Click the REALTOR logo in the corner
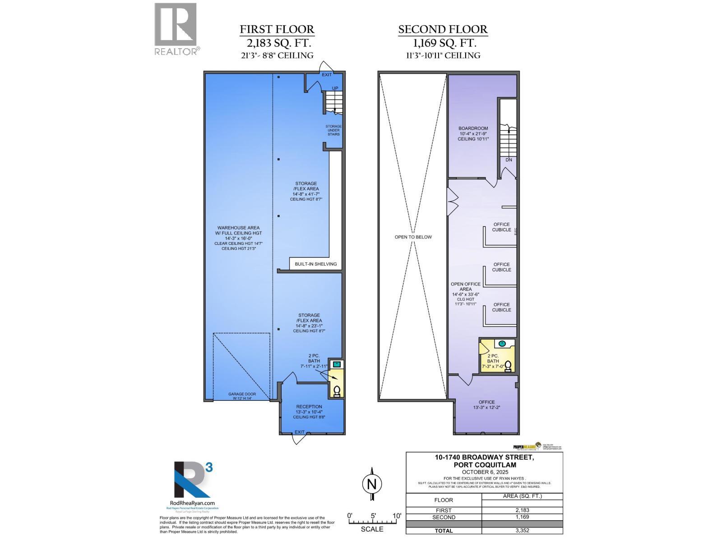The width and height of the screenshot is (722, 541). pyautogui.click(x=176, y=29)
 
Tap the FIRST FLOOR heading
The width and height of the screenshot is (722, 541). pyautogui.click(x=276, y=30)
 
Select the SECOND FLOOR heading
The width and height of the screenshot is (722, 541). pyautogui.click(x=442, y=30)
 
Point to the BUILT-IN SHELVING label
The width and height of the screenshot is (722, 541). pyautogui.click(x=315, y=264)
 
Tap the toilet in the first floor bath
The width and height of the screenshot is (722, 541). pyautogui.click(x=337, y=390)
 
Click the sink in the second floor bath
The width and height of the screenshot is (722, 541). pyautogui.click(x=501, y=344)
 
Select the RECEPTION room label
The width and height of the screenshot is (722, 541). pyautogui.click(x=309, y=407)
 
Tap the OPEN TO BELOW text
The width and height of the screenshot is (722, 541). pyautogui.click(x=413, y=237)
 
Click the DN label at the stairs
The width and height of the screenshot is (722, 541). pyautogui.click(x=509, y=160)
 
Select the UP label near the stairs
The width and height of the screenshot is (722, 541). pyautogui.click(x=335, y=88)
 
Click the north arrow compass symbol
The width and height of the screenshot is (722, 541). pyautogui.click(x=372, y=483)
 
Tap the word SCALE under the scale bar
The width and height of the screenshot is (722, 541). pyautogui.click(x=372, y=529)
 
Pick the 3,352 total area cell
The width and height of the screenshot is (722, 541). pyautogui.click(x=522, y=531)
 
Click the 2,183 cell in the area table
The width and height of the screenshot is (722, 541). pyautogui.click(x=522, y=510)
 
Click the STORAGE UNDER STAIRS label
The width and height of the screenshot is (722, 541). pyautogui.click(x=333, y=130)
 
